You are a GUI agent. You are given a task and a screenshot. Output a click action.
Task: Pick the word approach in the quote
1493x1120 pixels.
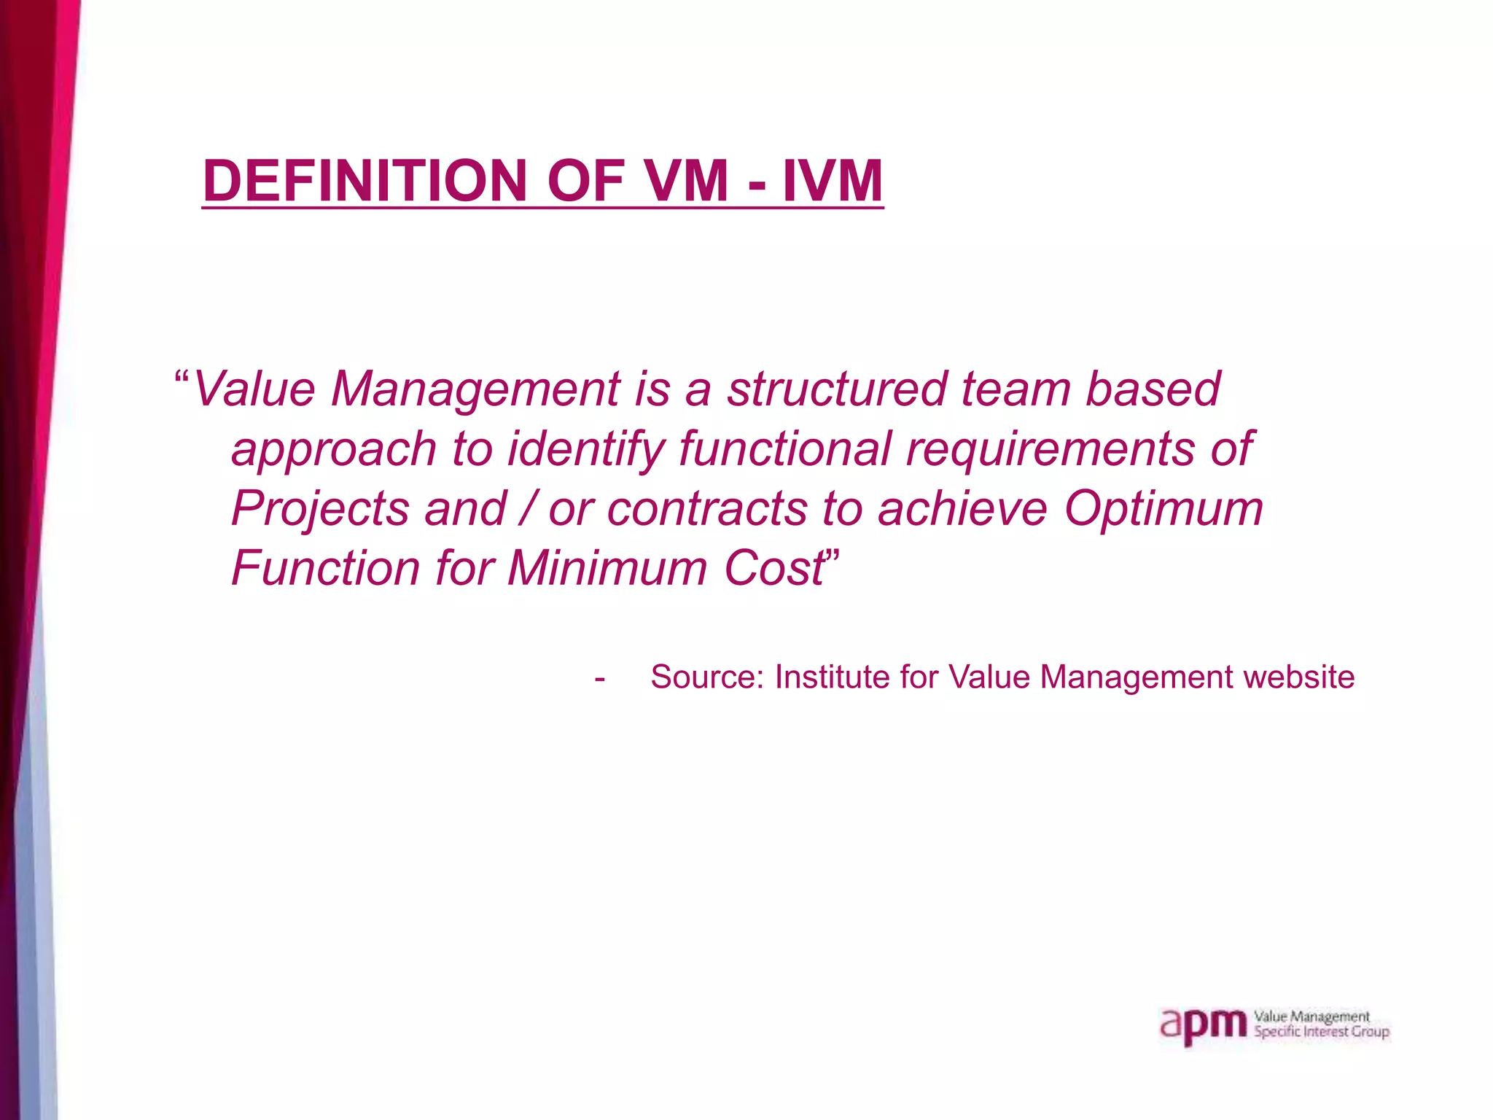pyautogui.click(x=333, y=450)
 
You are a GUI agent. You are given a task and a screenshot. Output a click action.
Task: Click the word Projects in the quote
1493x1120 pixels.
pyautogui.click(x=320, y=510)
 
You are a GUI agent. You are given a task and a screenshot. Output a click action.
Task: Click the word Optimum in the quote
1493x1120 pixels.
pyautogui.click(x=1163, y=510)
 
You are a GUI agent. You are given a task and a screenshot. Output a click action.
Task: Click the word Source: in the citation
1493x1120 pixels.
pyautogui.click(x=706, y=677)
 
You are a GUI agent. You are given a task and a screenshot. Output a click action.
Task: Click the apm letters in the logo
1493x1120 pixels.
pyautogui.click(x=1203, y=1027)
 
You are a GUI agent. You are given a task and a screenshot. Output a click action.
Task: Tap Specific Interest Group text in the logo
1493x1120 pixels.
pyautogui.click(x=1321, y=1032)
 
